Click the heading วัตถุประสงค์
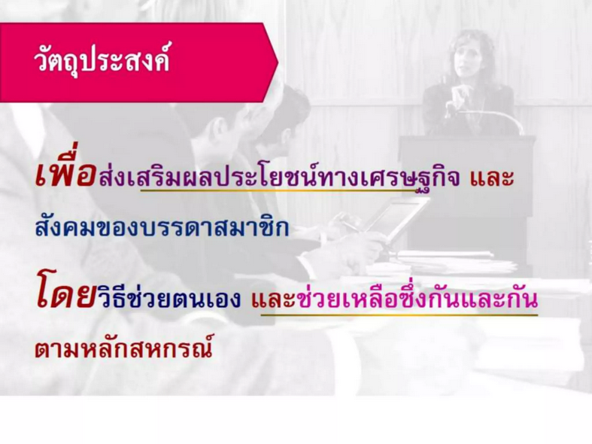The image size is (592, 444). pyautogui.click(x=102, y=60)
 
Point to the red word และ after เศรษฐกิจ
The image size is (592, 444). pyautogui.click(x=492, y=178)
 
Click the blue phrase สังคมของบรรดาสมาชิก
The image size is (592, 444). pyautogui.click(x=162, y=227)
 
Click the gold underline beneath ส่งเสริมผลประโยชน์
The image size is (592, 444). pyautogui.click(x=278, y=190)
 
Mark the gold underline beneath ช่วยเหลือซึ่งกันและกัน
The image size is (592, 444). pyautogui.click(x=399, y=314)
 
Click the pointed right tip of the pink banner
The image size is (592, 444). pyautogui.click(x=278, y=62)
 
